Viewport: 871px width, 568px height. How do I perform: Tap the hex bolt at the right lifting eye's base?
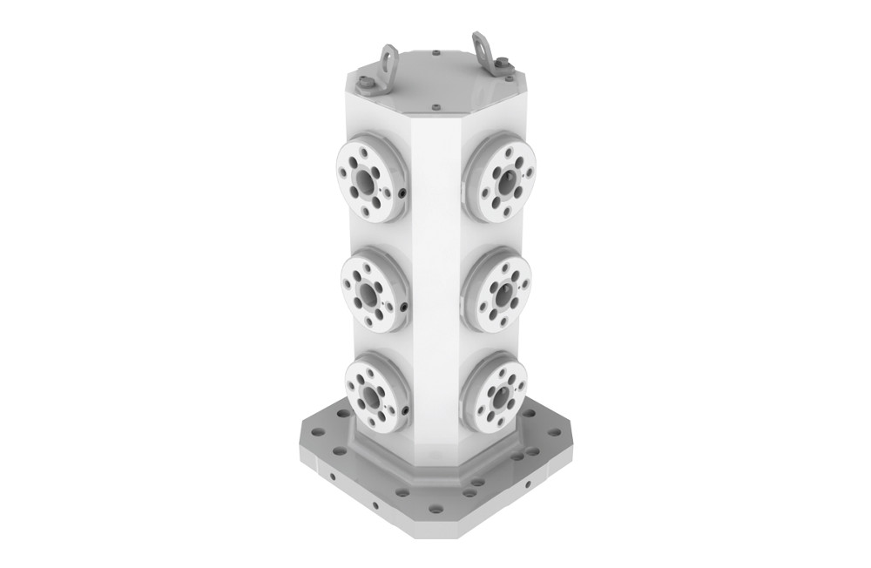point(500,60)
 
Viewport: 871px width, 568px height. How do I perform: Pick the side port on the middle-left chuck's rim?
point(405,306)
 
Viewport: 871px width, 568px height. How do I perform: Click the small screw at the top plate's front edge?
point(433,109)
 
